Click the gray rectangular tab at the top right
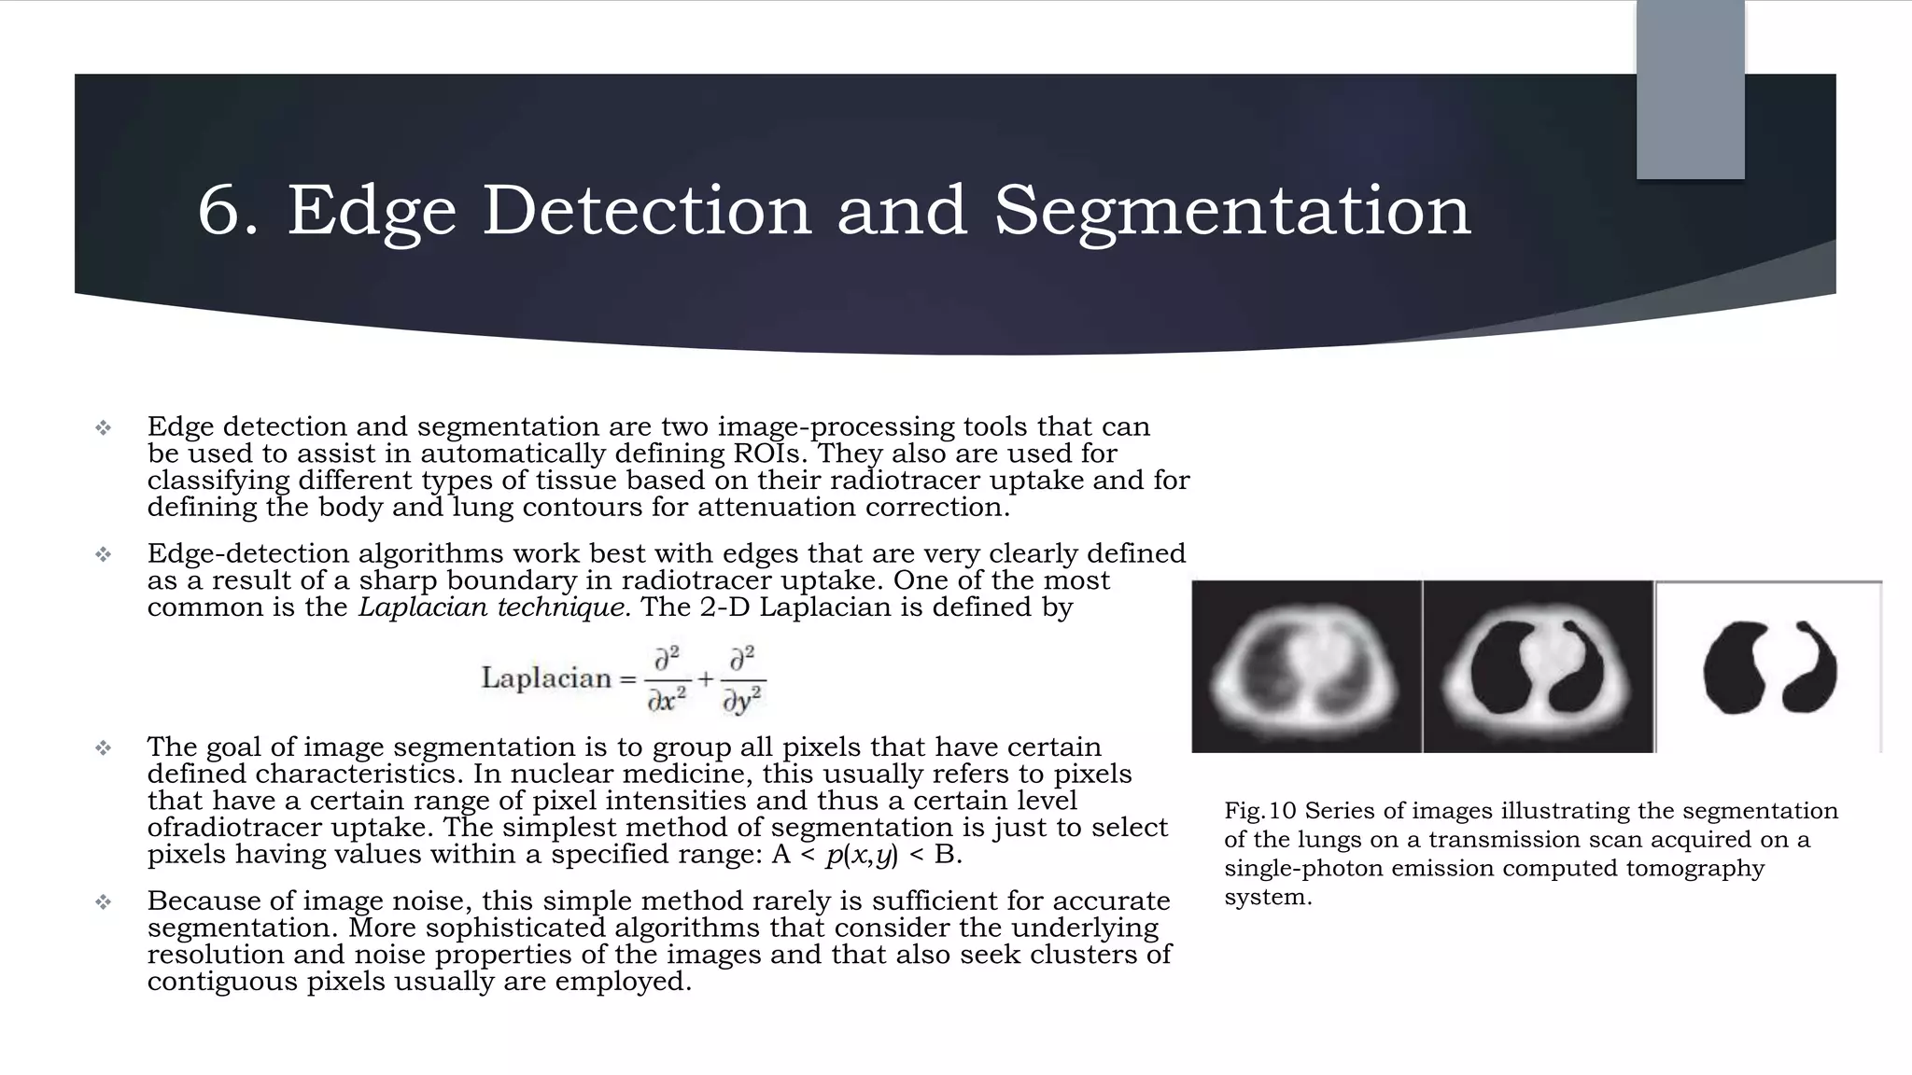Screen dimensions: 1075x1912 pyautogui.click(x=1690, y=90)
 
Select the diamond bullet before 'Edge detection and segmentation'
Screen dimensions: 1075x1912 pyautogui.click(x=103, y=428)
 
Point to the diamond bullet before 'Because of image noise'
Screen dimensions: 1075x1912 pyautogui.click(x=103, y=902)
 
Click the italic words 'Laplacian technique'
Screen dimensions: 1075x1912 pyautogui.click(x=491, y=607)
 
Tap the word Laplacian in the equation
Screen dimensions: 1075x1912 pyautogui.click(x=546, y=677)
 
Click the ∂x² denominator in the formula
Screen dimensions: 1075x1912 pyautogui.click(x=667, y=701)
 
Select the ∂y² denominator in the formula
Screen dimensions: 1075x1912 pyautogui.click(x=743, y=701)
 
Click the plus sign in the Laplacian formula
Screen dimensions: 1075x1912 pyautogui.click(x=705, y=678)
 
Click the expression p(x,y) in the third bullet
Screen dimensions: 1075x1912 pyautogui.click(x=862, y=855)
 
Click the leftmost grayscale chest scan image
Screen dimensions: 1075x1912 pyautogui.click(x=1306, y=666)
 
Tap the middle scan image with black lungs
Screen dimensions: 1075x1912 pyautogui.click(x=1538, y=666)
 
